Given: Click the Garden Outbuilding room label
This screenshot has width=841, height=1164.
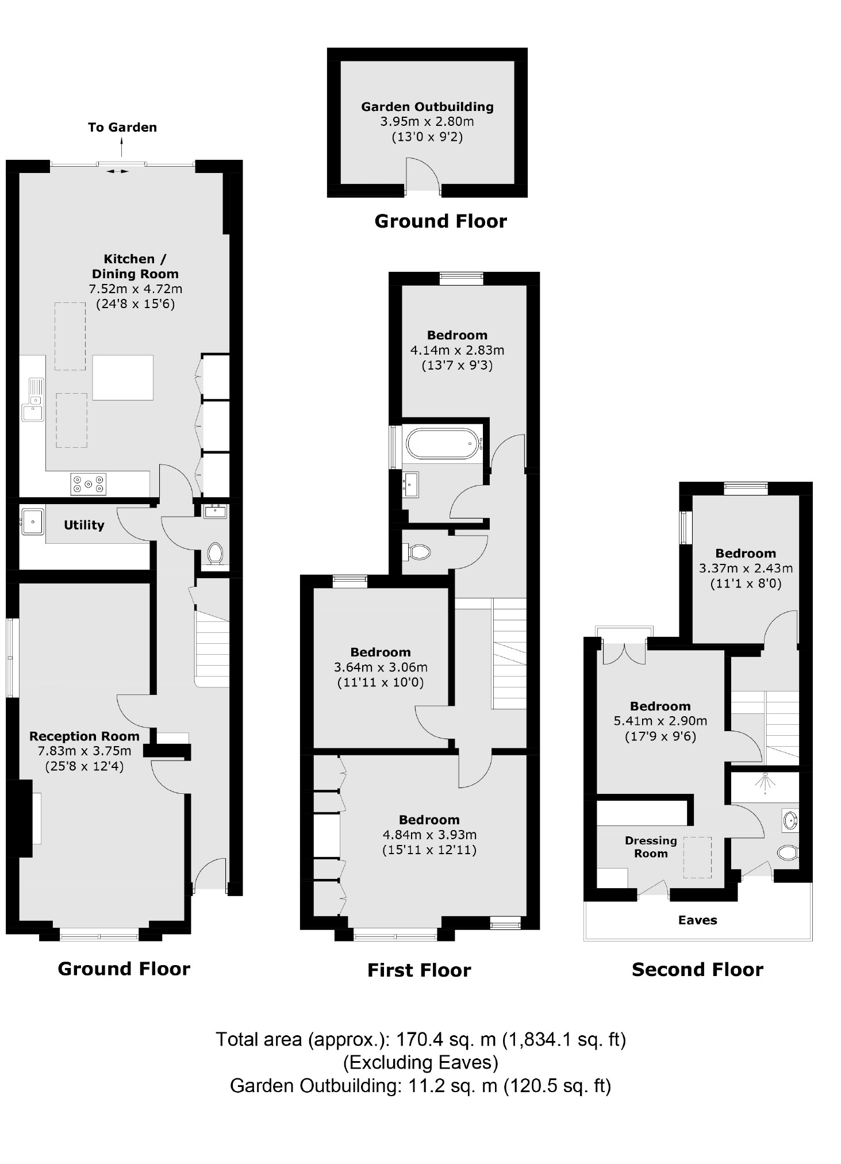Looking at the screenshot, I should point(427,107).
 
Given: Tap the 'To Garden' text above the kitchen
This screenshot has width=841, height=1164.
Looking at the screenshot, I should point(122,128).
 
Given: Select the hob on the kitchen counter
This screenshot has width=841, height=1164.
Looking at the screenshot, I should point(89,483).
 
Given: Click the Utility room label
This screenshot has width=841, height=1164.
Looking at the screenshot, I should point(84,525).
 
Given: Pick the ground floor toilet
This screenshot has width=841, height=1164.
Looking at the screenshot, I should point(215,554).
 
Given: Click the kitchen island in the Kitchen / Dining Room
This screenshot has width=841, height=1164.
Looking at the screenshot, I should point(122,377).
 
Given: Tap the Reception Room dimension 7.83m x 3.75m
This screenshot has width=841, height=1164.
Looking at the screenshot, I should point(85,751).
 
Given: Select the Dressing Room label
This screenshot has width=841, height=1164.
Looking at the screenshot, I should point(651,847).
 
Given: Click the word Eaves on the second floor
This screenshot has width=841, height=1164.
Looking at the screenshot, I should point(697,920).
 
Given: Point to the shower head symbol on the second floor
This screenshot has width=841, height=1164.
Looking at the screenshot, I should point(765,782).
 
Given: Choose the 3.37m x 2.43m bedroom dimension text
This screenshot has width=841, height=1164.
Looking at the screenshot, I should point(746,568).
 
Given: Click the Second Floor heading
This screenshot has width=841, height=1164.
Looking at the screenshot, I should point(697,970).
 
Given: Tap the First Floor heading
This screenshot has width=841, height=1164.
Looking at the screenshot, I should point(419,970).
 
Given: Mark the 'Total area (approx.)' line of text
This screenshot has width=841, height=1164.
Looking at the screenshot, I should point(420,1039).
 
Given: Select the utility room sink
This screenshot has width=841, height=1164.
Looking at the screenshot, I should point(32,522).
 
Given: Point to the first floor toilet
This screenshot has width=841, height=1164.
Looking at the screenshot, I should point(420,552).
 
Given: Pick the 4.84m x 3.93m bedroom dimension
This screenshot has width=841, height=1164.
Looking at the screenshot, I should point(429,835).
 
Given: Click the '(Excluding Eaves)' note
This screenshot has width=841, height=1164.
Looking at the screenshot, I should point(420,1062).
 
